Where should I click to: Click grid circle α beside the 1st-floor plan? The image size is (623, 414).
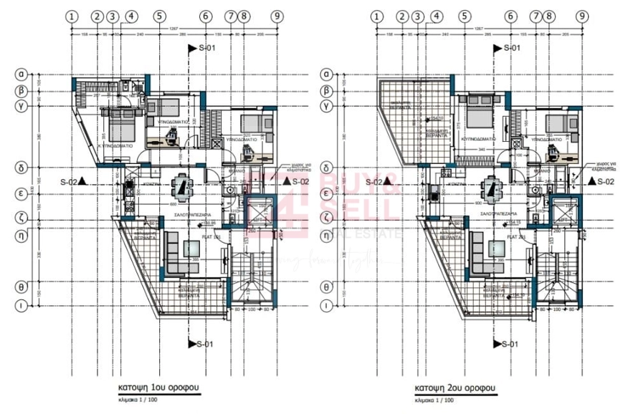click(22, 74)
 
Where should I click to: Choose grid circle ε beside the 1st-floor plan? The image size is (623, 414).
click(22, 193)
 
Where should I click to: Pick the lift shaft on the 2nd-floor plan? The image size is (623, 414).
click(562, 211)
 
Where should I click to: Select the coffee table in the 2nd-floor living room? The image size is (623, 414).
click(497, 250)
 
